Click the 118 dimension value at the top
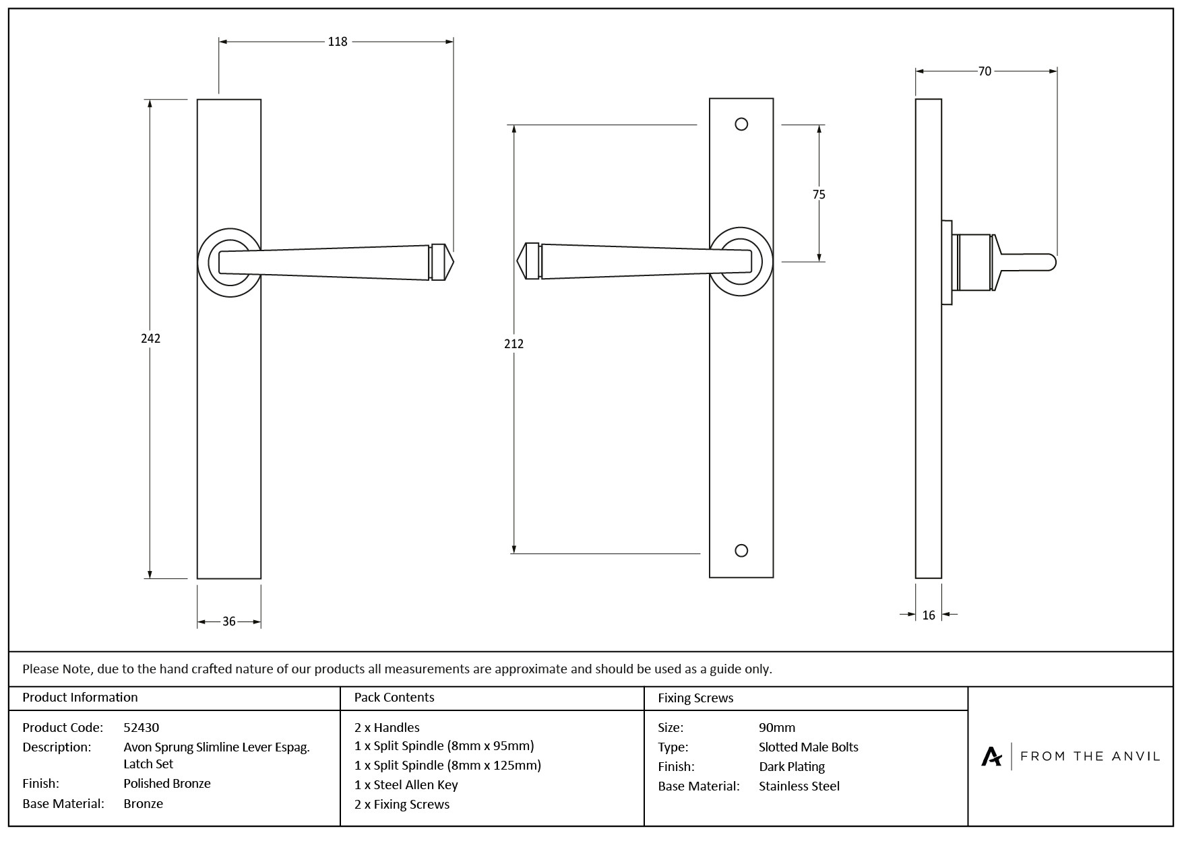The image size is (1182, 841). (338, 42)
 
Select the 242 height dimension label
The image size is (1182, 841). (150, 338)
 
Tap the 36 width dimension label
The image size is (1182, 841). (229, 621)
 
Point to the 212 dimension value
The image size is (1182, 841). (514, 343)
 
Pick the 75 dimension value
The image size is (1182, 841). (819, 195)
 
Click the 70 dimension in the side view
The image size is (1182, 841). (985, 71)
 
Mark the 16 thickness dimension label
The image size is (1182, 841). (929, 615)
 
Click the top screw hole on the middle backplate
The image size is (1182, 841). (741, 125)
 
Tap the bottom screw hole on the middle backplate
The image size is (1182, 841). (741, 551)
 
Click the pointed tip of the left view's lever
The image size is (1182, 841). (453, 261)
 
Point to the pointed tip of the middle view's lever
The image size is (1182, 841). (518, 260)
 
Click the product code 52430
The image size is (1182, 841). (142, 727)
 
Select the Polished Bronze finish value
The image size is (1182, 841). (167, 783)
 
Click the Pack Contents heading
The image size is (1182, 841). (394, 698)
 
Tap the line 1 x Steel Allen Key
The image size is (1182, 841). (406, 784)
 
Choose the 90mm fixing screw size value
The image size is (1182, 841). (776, 727)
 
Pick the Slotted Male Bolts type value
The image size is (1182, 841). (808, 747)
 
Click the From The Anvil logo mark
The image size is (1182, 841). (991, 756)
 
